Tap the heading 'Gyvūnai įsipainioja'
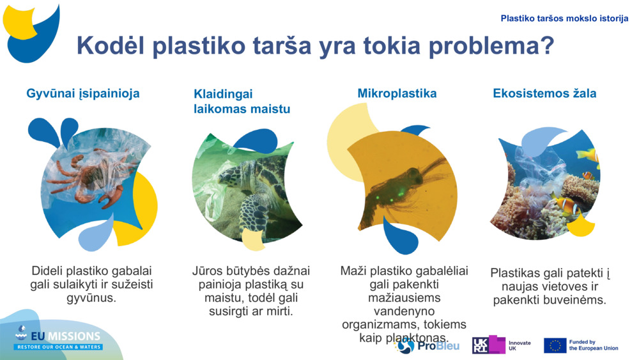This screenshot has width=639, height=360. (x=83, y=94)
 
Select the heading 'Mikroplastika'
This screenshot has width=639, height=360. (x=397, y=93)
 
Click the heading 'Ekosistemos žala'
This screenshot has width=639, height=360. (x=544, y=93)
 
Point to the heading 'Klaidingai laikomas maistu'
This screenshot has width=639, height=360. (x=242, y=102)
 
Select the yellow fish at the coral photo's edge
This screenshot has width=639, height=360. (x=587, y=155)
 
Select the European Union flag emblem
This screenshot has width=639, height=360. (x=555, y=345)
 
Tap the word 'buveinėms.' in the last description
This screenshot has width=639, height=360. (x=576, y=301)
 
